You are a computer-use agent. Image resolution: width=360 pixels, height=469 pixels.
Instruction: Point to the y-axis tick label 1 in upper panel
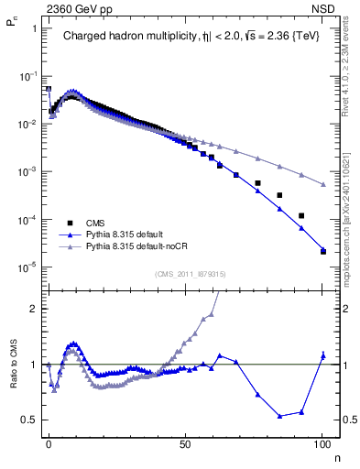pos(34,27)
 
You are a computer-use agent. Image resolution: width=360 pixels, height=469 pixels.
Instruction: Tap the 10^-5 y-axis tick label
pos(28,267)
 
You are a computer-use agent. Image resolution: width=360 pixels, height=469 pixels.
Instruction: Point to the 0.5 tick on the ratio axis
pos(29,420)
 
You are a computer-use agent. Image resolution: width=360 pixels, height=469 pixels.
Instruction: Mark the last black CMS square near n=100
pos(323,251)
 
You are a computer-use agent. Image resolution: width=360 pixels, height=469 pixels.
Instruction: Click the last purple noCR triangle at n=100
pos(323,185)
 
